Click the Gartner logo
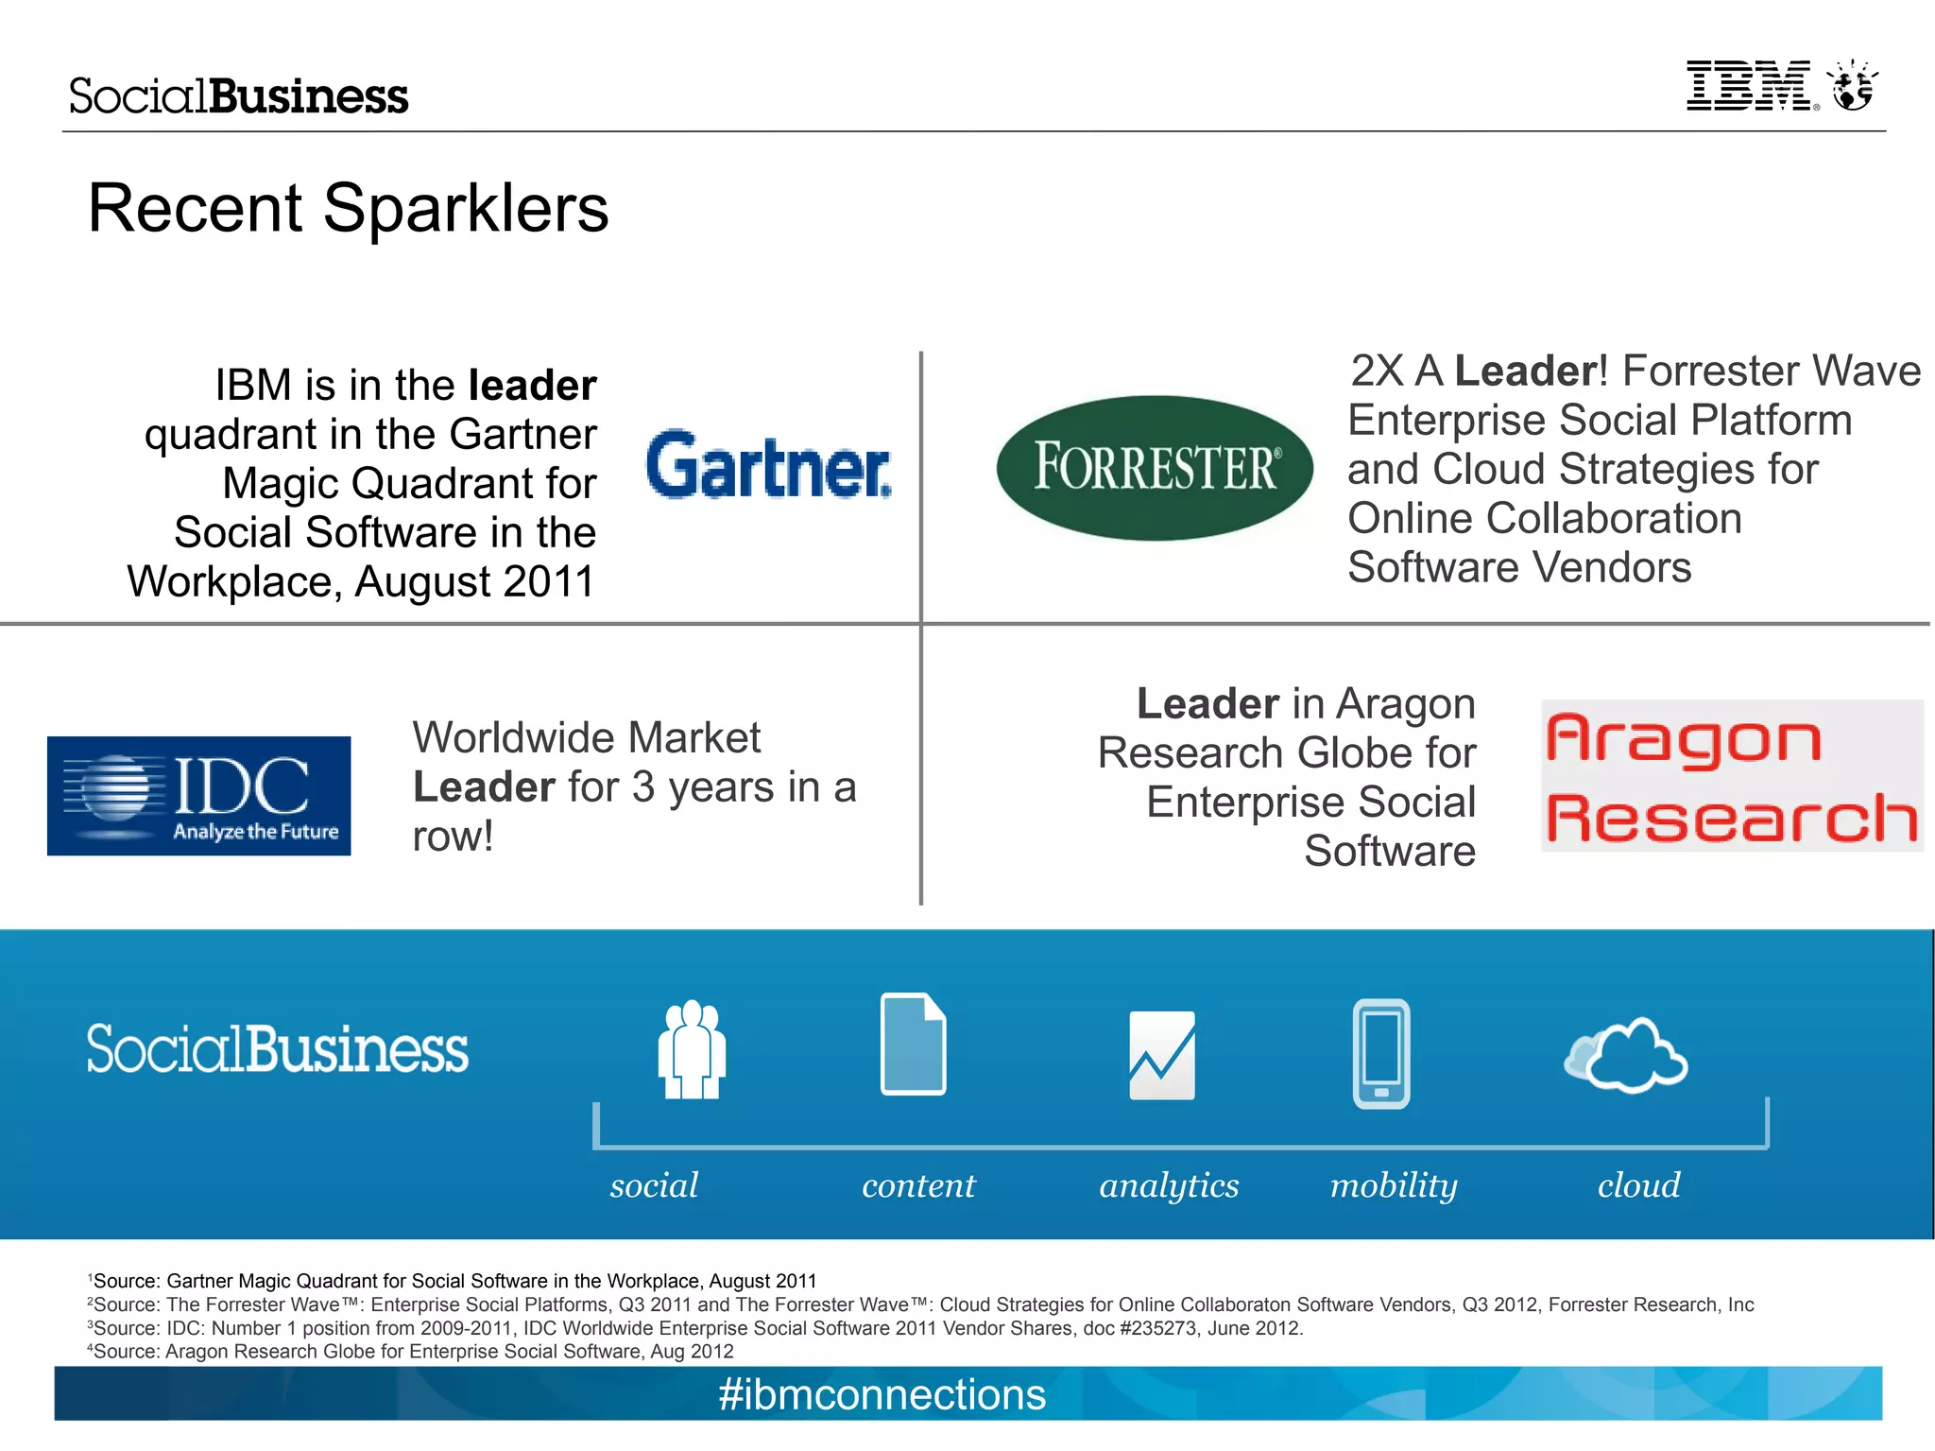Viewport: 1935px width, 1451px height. click(768, 465)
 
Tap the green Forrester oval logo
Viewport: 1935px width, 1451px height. click(1155, 468)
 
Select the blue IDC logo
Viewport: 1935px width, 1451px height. click(199, 796)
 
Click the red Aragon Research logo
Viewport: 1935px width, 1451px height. click(1731, 776)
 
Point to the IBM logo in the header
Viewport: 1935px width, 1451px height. click(1751, 87)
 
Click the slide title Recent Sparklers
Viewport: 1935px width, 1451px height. click(348, 208)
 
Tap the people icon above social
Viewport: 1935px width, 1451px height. click(692, 1049)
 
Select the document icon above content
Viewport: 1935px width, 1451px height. click(913, 1044)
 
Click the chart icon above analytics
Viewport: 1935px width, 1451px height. click(1162, 1055)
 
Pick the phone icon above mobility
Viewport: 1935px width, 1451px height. click(1381, 1053)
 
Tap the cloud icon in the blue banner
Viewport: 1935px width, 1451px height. click(1626, 1056)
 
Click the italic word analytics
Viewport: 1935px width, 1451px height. click(1169, 1185)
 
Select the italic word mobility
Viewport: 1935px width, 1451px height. click(1394, 1185)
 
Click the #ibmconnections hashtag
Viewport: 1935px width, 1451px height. click(882, 1394)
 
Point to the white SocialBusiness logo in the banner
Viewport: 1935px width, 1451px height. click(277, 1049)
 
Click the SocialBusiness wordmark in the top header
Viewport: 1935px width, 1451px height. click(238, 96)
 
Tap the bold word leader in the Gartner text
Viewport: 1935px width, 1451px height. click(532, 386)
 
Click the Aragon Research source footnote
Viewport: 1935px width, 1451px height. click(411, 1352)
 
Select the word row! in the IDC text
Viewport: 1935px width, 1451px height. click(453, 837)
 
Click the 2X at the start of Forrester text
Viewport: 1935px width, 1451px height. click(1377, 371)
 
